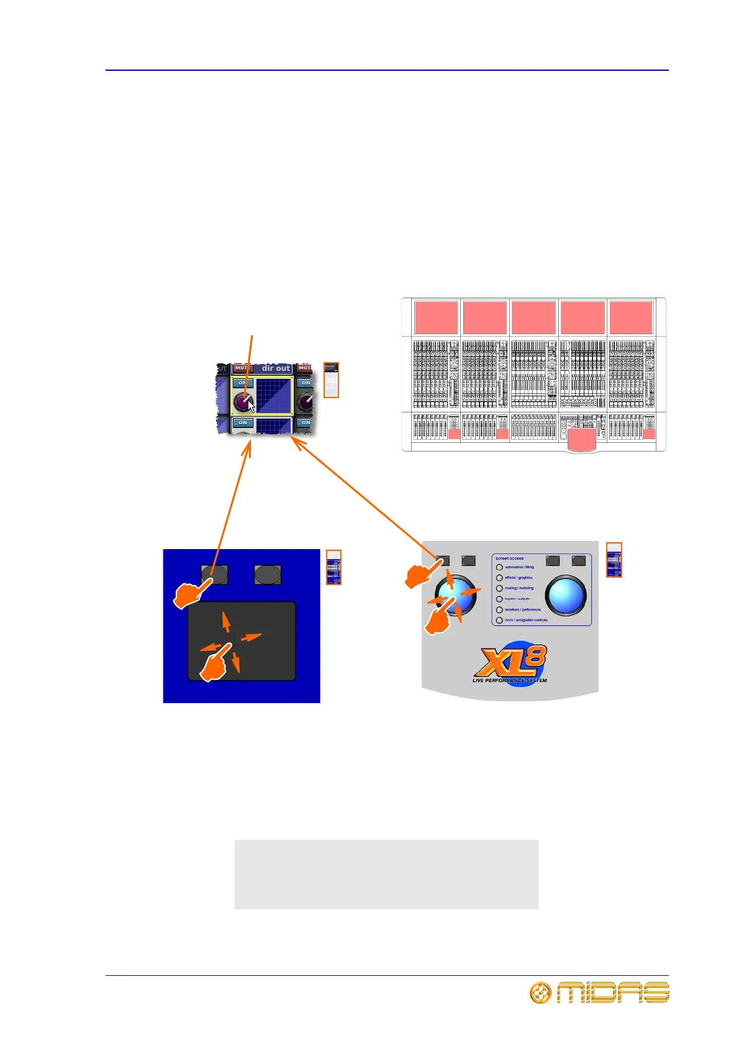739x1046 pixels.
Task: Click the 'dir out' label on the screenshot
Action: coord(276,368)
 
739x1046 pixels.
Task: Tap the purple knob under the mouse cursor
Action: coord(242,402)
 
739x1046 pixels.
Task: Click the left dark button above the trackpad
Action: coord(214,575)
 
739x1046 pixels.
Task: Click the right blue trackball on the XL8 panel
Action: coord(566,594)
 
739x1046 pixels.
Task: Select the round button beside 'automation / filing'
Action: coord(499,567)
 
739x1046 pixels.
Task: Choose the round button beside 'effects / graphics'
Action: coord(499,578)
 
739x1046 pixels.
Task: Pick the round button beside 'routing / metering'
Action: coord(499,588)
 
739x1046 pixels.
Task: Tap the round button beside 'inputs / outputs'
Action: coord(499,599)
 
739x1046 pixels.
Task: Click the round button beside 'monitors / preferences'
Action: coord(499,609)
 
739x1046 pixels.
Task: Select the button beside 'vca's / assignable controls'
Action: coord(499,620)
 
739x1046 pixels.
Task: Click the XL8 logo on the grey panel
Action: coord(510,662)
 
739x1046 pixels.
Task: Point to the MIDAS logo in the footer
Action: coord(599,993)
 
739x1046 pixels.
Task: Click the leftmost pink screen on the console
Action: coord(436,317)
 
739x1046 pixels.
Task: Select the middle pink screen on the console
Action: coord(533,317)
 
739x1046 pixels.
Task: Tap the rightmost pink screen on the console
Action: coord(631,317)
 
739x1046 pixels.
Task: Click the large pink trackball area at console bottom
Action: coord(581,440)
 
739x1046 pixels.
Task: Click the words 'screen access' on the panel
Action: coord(509,558)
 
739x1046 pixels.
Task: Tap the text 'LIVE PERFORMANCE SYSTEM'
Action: coord(509,681)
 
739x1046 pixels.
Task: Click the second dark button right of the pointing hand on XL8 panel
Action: coord(469,561)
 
